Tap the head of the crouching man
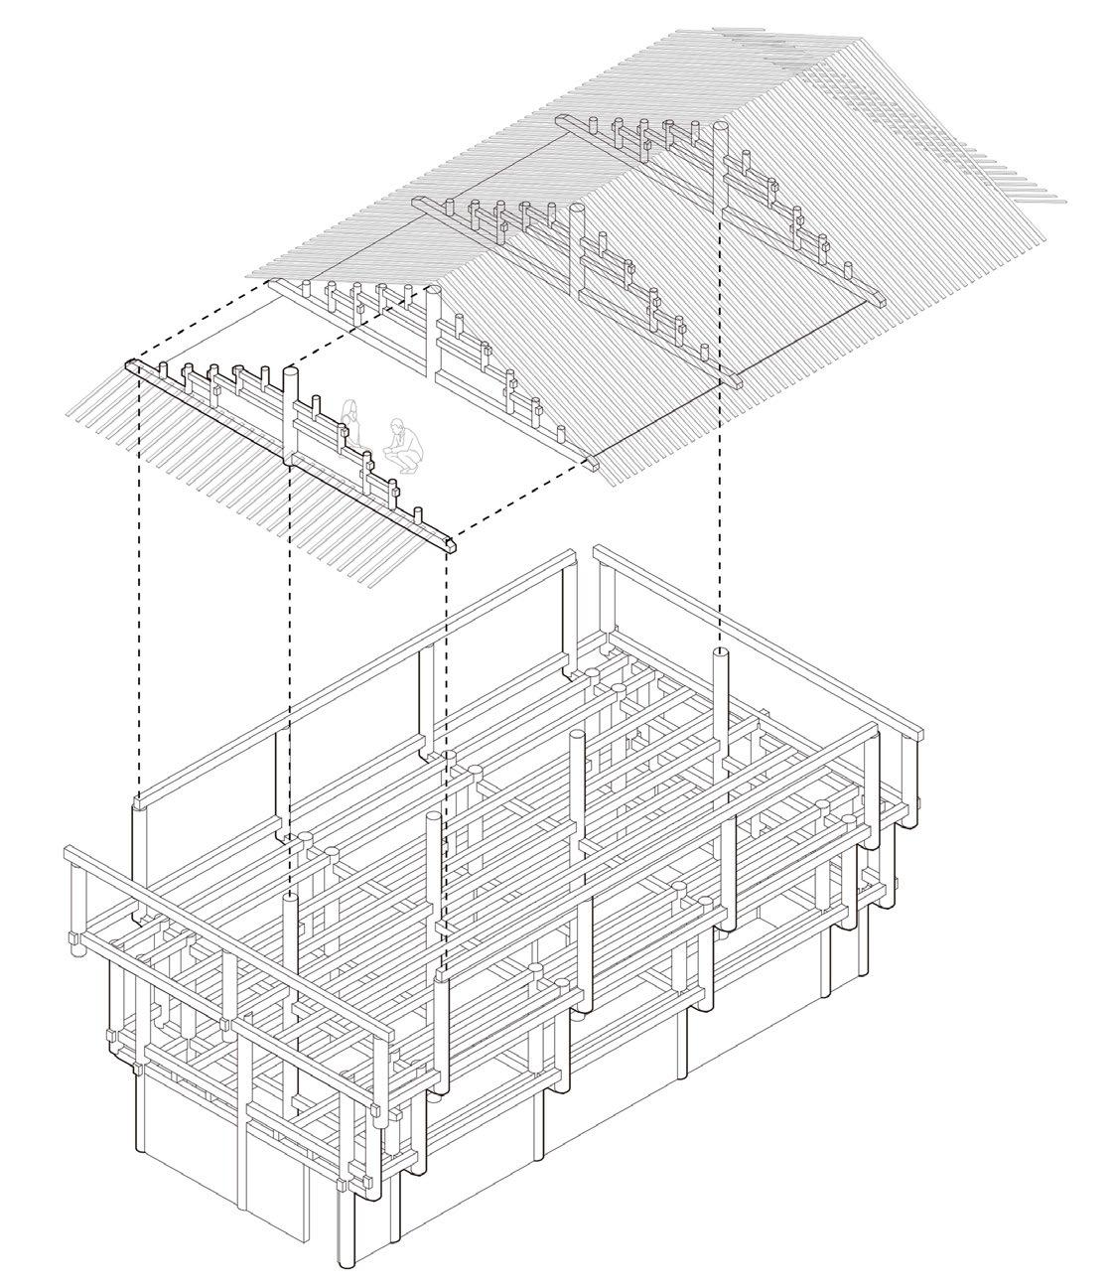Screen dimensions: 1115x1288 click(397, 424)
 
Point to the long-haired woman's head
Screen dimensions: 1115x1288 click(349, 407)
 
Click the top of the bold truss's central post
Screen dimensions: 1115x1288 click(292, 371)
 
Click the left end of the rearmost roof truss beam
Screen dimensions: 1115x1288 click(560, 119)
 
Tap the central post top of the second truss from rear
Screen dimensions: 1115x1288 click(574, 208)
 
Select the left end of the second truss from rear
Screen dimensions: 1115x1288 click(417, 202)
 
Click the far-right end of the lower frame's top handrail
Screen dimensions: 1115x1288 click(923, 736)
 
